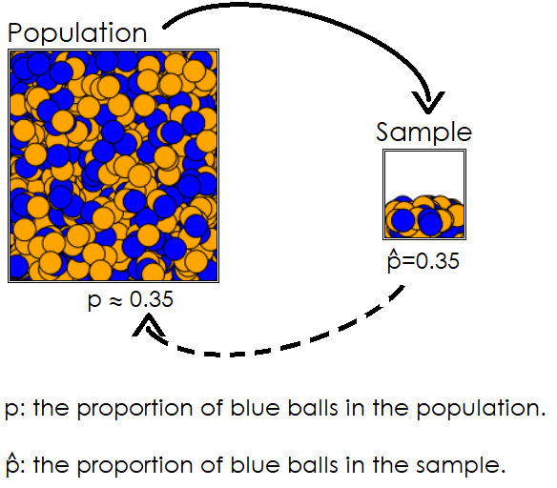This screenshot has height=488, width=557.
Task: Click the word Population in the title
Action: click(77, 33)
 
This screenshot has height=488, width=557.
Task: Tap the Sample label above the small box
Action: click(423, 132)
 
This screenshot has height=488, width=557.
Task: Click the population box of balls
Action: click(114, 166)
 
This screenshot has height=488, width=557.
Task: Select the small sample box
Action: click(423, 194)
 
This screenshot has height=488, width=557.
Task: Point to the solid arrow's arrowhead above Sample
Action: click(430, 99)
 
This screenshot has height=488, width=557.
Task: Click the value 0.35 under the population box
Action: click(152, 300)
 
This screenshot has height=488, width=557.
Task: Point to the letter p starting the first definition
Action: click(10, 412)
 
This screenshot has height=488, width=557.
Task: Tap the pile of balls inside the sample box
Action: click(423, 217)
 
